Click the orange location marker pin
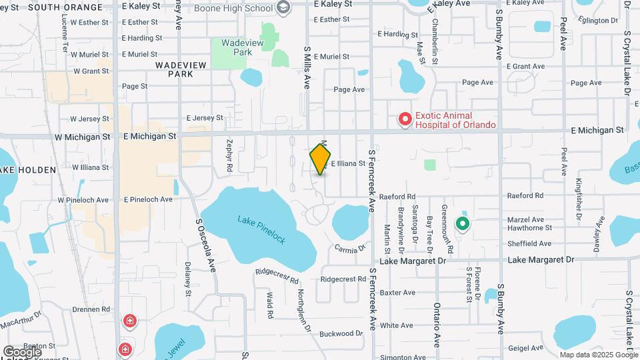321,159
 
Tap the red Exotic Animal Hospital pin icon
405,119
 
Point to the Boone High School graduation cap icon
283,8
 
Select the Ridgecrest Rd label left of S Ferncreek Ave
343,279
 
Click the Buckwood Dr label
341,333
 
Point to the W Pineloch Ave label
83,200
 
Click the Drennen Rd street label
92,309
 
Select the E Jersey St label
205,118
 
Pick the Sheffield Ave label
530,244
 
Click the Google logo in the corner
22,351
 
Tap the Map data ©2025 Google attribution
599,355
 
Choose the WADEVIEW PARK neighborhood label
174,69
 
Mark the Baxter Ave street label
397,293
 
